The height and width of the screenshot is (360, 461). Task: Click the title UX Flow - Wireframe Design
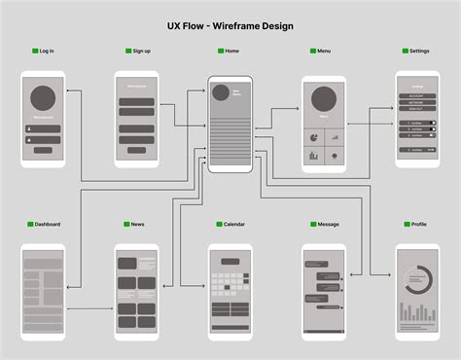point(230,25)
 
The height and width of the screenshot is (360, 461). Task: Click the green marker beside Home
point(221,51)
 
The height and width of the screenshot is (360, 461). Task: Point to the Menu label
point(324,51)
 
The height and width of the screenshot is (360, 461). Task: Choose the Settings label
point(419,51)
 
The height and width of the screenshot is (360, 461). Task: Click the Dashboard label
point(48,224)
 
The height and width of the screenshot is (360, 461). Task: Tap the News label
point(137,224)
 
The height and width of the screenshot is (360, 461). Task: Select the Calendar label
point(234,224)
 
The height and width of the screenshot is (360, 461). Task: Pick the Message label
point(328,224)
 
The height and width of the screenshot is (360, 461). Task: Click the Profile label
point(418,224)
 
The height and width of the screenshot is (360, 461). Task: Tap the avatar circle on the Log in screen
point(43,98)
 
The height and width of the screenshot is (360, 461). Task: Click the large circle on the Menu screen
point(324,98)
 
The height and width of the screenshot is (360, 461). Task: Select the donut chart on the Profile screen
point(417,280)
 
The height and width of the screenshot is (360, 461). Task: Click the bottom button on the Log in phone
point(43,150)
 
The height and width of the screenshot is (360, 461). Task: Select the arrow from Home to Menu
point(277,109)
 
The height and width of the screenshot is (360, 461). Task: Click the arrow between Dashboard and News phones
point(89,309)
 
